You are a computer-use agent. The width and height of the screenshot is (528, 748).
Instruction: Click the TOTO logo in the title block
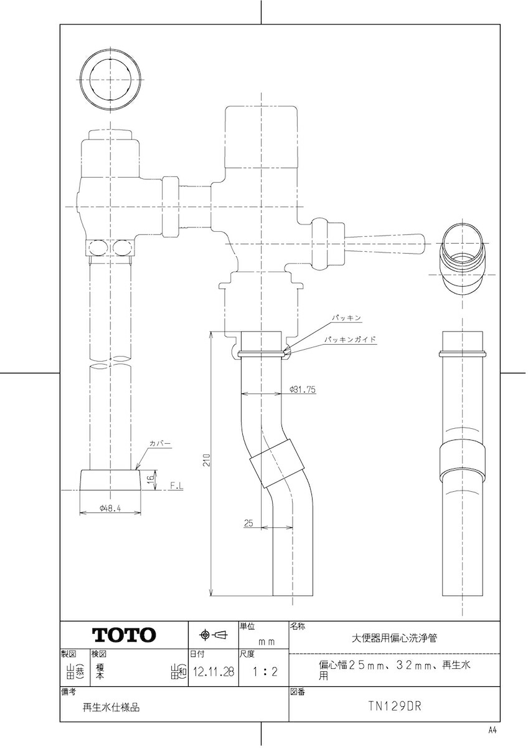coord(124,635)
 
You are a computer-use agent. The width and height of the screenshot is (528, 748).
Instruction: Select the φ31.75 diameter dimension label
coord(303,390)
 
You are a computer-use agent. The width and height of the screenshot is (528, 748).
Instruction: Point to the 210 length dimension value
coord(207,461)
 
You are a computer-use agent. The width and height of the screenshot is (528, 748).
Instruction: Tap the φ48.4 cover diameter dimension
coord(110,508)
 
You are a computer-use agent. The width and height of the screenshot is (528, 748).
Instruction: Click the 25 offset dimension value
coord(248,523)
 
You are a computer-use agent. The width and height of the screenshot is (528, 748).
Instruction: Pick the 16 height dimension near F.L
coord(151,478)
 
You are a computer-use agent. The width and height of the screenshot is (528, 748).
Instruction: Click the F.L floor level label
coord(177,486)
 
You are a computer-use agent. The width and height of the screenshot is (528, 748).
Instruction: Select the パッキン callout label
coord(347,317)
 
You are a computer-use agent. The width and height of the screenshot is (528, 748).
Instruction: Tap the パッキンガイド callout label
coord(351,340)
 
